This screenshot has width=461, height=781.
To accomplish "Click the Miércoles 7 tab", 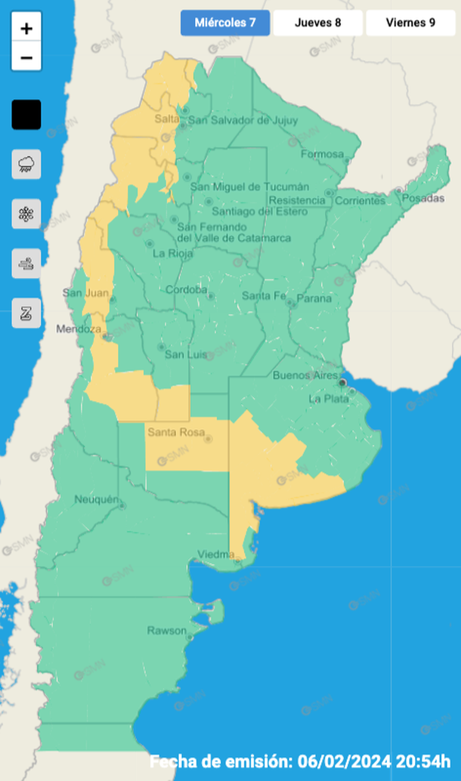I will click(x=224, y=23).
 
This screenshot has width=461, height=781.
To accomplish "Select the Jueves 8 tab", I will click(x=317, y=23).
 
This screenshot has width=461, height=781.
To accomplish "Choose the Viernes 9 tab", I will click(x=410, y=23).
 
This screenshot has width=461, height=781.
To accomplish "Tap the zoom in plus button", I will click(x=26, y=29).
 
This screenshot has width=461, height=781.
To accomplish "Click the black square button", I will click(x=26, y=115).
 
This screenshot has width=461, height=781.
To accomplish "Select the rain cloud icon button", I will click(x=26, y=164).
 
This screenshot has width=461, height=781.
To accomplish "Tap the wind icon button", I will click(x=26, y=264).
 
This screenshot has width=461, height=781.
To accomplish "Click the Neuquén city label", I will click(x=97, y=499).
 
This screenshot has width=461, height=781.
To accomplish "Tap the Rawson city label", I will click(x=166, y=630).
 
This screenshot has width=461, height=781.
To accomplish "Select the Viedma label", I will click(x=215, y=554).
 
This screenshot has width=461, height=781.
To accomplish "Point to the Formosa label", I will click(x=323, y=155).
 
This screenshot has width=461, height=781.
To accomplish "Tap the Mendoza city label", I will click(x=79, y=329).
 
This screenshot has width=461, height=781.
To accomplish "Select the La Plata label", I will click(x=328, y=398).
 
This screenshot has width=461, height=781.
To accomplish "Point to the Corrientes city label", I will click(x=360, y=201).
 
